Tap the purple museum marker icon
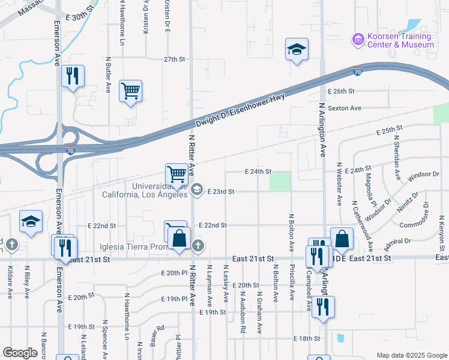click(358, 39)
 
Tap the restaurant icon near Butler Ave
click(73, 76)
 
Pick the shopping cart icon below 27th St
click(130, 91)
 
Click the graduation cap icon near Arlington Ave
click(297, 50)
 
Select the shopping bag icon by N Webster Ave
click(342, 238)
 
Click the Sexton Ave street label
click(345, 108)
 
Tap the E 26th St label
click(342, 91)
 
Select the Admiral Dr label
click(399, 241)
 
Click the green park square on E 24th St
click(280, 181)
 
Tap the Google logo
click(20, 352)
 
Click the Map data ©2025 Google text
click(411, 355)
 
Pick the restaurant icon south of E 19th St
click(323, 307)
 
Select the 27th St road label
click(175, 59)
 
